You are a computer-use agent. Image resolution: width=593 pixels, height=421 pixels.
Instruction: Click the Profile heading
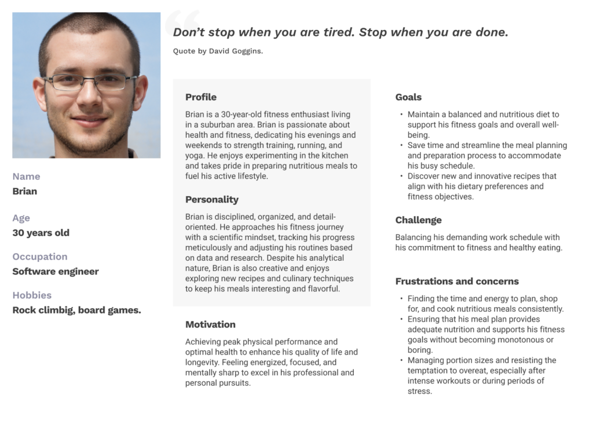201,97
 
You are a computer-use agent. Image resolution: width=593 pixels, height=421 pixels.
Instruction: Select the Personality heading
212,200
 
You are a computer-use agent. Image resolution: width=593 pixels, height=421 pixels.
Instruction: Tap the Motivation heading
210,324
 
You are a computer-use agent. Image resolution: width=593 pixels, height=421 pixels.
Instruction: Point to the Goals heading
408,97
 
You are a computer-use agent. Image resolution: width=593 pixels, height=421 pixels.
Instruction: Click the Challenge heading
418,220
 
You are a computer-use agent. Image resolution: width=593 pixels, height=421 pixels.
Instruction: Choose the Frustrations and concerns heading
457,282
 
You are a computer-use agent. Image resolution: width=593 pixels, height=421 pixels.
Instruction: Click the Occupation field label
40,257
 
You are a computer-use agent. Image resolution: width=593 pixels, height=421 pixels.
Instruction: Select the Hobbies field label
32,296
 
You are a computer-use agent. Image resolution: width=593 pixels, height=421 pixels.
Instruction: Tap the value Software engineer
56,272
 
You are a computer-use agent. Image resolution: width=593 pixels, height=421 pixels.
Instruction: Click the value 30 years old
41,233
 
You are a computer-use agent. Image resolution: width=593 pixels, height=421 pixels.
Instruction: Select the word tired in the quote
336,32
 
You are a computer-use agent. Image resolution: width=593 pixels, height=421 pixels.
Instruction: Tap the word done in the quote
490,32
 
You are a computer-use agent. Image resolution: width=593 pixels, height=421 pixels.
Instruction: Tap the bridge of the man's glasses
89,80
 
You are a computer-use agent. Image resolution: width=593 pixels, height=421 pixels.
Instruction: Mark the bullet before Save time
402,146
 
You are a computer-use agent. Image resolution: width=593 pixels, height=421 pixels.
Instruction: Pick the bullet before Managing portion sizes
402,361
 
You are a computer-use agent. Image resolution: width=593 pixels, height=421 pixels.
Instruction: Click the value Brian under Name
24,191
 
